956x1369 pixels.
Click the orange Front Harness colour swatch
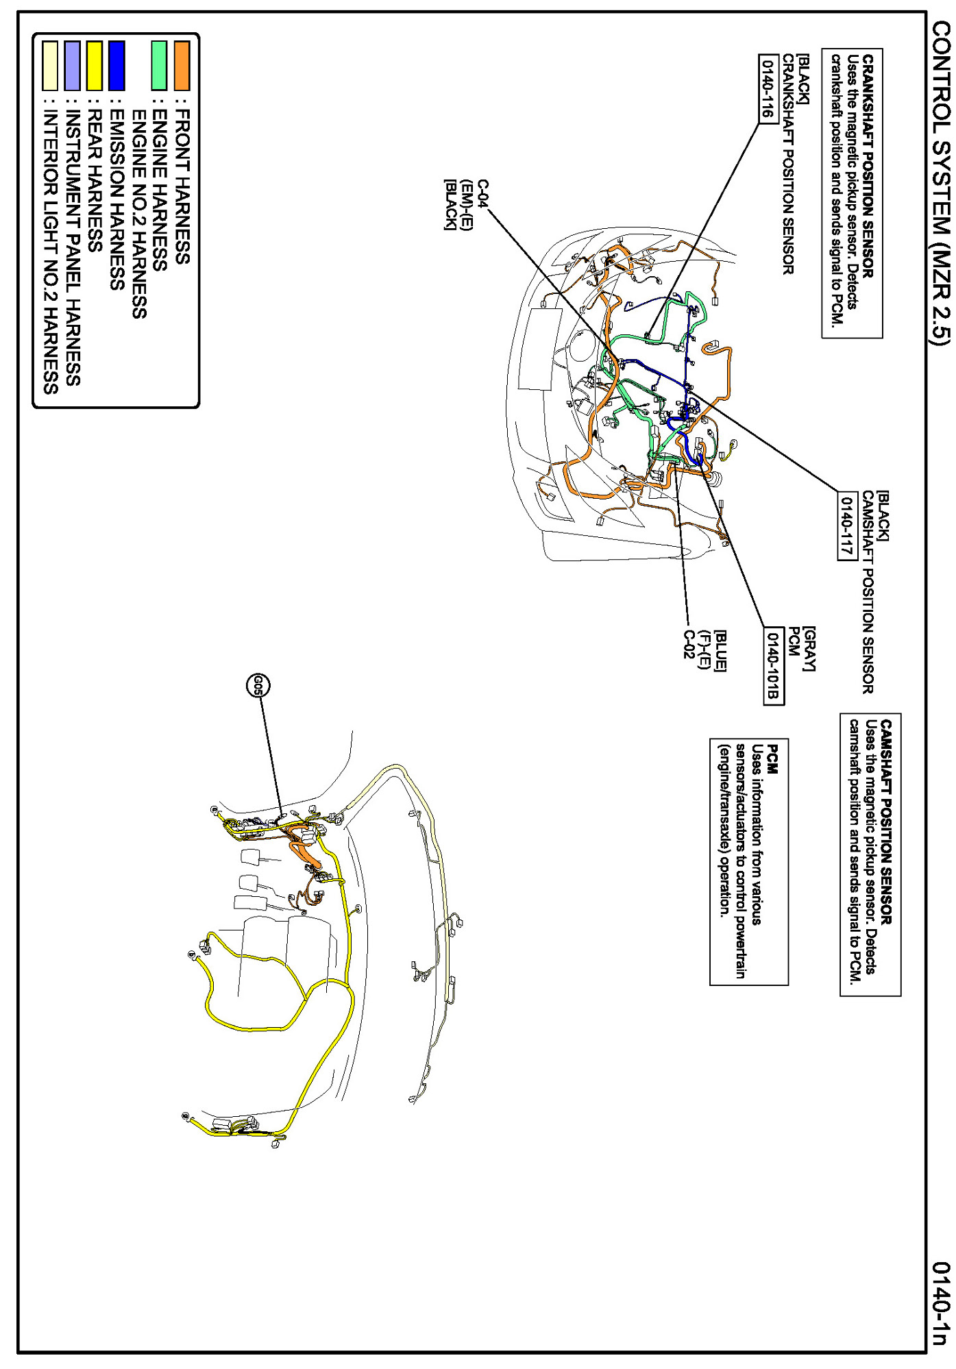(x=182, y=66)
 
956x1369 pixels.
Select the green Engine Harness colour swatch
(x=159, y=66)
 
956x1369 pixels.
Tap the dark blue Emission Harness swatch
(x=117, y=66)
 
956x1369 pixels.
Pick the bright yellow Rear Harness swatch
(x=95, y=66)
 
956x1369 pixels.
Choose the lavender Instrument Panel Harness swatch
(x=72, y=66)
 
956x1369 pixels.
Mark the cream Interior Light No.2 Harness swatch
(x=50, y=66)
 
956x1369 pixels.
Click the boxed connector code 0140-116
(x=768, y=88)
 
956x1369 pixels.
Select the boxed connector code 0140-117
(x=848, y=526)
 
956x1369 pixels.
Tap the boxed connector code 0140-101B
(x=773, y=665)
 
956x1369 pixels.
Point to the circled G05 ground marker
(x=258, y=686)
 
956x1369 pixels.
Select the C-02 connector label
(x=689, y=644)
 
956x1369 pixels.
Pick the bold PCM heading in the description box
(x=772, y=760)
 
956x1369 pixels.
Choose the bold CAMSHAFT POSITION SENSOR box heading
(x=887, y=822)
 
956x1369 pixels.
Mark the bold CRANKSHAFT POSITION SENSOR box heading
(x=868, y=166)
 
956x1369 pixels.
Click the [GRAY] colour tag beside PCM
(x=809, y=648)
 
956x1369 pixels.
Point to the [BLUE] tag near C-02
(x=720, y=650)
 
